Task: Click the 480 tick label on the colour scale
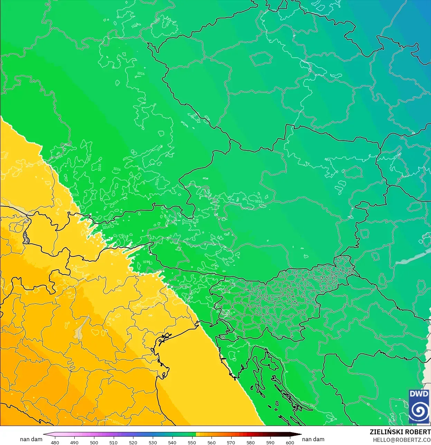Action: point(55,442)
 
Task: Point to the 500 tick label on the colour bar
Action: point(94,442)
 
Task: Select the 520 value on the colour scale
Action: point(133,442)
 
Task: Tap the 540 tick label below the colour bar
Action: point(172,442)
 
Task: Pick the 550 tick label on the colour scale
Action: point(192,442)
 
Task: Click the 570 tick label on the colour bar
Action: point(231,442)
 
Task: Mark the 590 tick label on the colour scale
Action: point(270,442)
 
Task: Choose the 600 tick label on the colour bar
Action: point(290,442)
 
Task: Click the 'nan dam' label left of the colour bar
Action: point(31,439)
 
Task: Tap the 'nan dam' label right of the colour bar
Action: point(313,439)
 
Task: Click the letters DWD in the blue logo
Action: point(419,394)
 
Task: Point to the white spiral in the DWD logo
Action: point(419,411)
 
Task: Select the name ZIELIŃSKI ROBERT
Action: point(400,432)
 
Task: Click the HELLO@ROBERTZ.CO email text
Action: point(402,440)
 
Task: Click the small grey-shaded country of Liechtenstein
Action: point(26,238)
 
